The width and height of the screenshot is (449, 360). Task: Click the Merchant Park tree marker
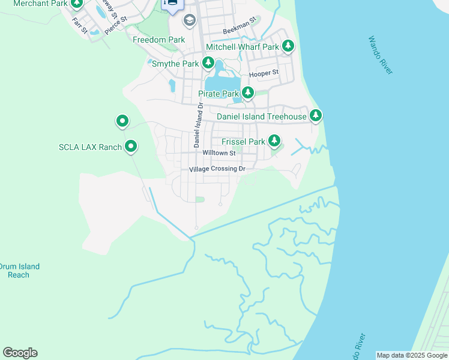77,4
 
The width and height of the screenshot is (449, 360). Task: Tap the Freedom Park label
158,40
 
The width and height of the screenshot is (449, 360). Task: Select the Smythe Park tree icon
208,62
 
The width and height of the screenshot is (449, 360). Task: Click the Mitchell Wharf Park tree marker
288,46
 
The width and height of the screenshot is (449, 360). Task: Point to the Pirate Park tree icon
247,93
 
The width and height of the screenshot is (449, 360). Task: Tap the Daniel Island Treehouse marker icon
315,115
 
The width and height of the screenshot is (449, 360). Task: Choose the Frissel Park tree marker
274,141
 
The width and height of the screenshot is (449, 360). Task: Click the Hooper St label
264,73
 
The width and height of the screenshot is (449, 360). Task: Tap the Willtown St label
219,154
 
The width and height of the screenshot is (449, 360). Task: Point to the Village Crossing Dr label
217,169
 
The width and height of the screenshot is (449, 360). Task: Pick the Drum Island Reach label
20,271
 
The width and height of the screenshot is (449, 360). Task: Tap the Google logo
20,353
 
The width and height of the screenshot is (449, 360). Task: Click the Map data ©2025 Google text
412,355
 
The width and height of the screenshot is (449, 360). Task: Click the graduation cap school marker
190,21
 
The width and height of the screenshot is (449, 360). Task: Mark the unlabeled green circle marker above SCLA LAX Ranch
122,122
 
